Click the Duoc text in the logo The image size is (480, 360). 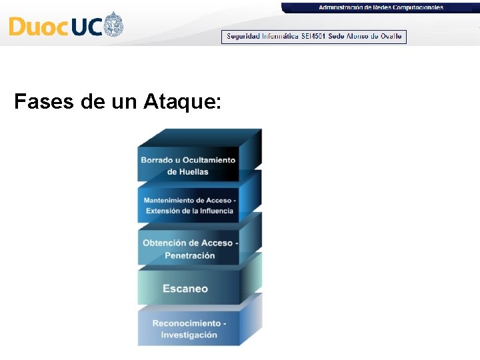(37, 27)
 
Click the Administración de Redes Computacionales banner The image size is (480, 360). (381, 7)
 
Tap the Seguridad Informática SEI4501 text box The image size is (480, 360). (314, 37)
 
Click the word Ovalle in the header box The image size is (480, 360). (391, 37)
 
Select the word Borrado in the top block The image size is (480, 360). (157, 160)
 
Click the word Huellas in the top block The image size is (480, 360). (193, 171)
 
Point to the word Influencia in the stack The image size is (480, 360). (213, 211)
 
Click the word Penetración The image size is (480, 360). (190, 255)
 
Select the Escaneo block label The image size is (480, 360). (185, 289)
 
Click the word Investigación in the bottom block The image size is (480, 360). (189, 335)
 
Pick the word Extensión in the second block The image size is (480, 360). (163, 211)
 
